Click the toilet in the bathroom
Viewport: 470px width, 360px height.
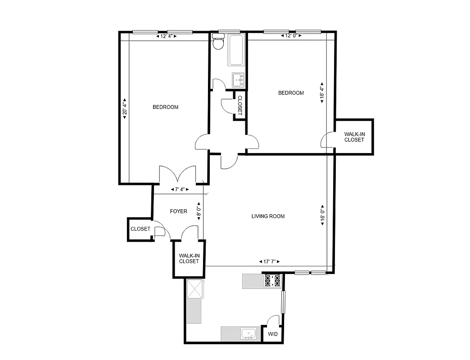[218, 43]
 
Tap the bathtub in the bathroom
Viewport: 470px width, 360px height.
[237, 50]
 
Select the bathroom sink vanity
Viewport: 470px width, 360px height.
[238, 80]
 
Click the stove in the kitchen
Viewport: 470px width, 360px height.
[272, 281]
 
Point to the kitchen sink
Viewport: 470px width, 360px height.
[248, 333]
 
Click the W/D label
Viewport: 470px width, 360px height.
[273, 334]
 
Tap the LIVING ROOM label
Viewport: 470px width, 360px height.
[268, 216]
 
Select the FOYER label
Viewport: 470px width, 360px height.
[178, 211]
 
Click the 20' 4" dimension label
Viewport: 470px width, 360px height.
[125, 109]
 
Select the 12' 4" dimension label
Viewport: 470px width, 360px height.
[166, 36]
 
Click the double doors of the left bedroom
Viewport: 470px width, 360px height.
[178, 175]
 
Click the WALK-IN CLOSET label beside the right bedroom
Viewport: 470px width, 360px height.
[354, 137]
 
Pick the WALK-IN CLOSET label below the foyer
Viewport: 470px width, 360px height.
[189, 259]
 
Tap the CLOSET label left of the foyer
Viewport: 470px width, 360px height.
[140, 229]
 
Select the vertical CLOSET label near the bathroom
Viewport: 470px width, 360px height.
[240, 106]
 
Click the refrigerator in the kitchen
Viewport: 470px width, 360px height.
[195, 288]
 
